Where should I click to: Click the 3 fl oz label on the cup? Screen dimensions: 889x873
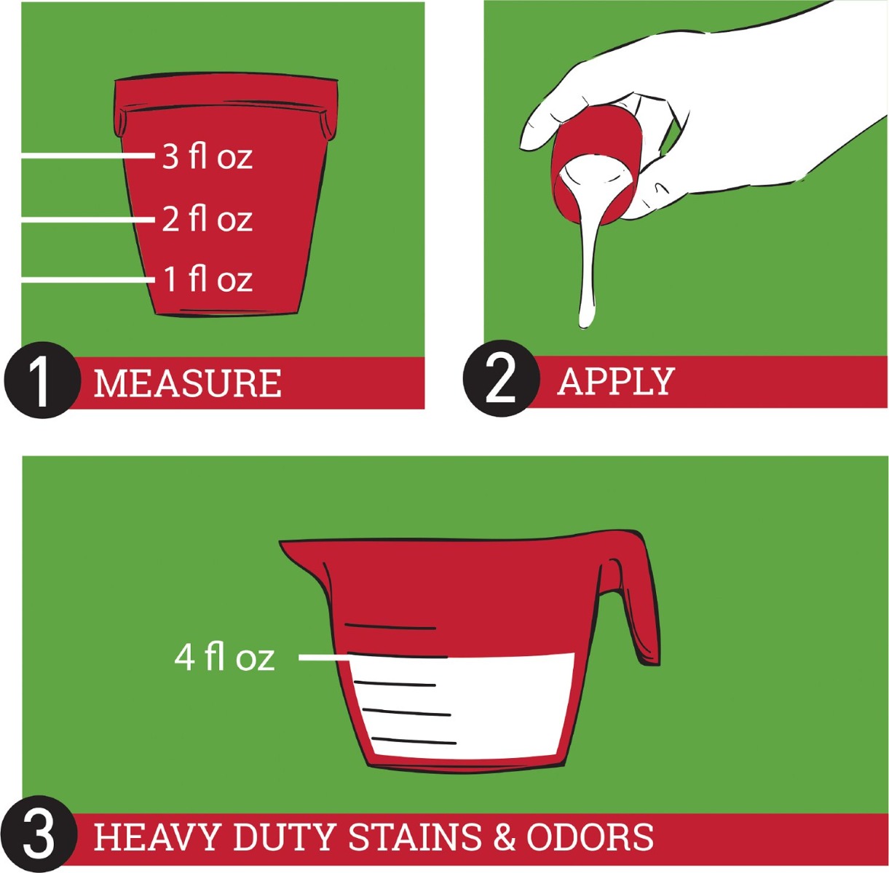click(207, 156)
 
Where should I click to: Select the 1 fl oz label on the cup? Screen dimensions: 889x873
click(208, 279)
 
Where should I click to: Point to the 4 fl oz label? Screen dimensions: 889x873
click(224, 657)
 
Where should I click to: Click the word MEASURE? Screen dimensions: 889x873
click(187, 383)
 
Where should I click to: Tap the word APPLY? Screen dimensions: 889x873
click(617, 381)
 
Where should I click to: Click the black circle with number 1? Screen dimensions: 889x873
click(42, 380)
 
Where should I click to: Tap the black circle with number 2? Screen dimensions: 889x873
click(501, 378)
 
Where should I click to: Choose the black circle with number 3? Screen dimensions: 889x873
click(39, 834)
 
